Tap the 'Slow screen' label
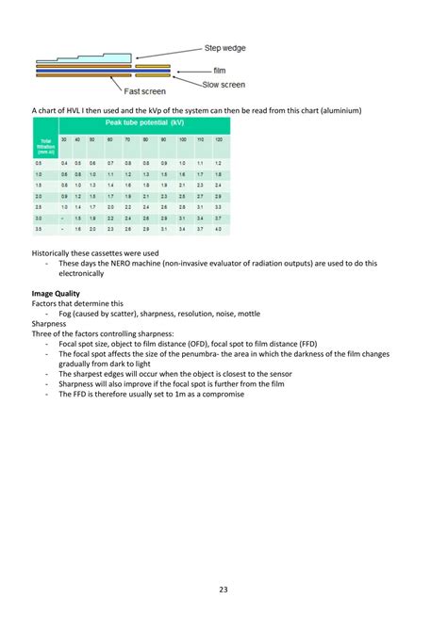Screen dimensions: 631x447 (x=224, y=84)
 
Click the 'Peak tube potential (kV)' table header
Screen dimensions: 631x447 (x=144, y=123)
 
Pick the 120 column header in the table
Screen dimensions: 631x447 (x=218, y=138)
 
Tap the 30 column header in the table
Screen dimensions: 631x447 (x=64, y=138)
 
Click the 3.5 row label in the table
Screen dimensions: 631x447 (x=39, y=229)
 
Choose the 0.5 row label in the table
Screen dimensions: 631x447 (x=39, y=163)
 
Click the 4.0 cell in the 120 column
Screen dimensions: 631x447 (x=218, y=229)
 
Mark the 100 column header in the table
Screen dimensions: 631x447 (x=182, y=138)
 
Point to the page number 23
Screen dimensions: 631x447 (x=223, y=590)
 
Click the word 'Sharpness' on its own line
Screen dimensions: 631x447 (x=50, y=323)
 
